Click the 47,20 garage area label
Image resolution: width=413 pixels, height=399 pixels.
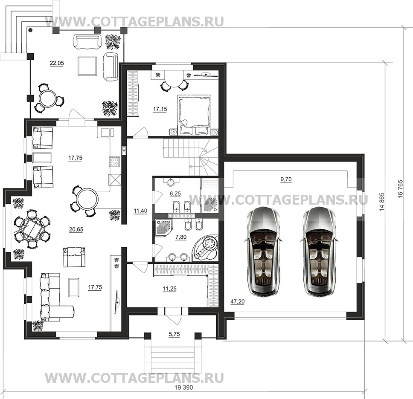(x=237, y=302)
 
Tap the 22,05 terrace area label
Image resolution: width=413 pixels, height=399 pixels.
(x=57, y=63)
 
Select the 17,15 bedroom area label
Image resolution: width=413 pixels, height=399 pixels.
(x=160, y=109)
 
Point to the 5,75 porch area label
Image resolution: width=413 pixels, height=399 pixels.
(x=174, y=334)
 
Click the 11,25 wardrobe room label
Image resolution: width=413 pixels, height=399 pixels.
(x=170, y=289)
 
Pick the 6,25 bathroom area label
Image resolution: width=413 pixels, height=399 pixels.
(x=175, y=194)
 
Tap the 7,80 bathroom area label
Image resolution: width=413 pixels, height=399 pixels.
(x=181, y=237)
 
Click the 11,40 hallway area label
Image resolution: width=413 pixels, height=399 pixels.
(x=140, y=211)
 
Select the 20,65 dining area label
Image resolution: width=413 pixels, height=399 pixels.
(x=76, y=229)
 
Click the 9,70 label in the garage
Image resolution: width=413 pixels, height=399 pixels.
(x=286, y=179)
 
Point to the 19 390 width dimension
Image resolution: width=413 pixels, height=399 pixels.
(x=183, y=387)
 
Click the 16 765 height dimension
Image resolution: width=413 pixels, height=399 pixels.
(x=401, y=189)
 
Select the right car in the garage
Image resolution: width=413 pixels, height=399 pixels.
(x=320, y=250)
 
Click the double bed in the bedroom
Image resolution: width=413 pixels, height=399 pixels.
(x=195, y=115)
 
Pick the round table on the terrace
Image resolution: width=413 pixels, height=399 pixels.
(x=48, y=98)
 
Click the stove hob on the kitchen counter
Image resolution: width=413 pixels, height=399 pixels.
(x=115, y=162)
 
